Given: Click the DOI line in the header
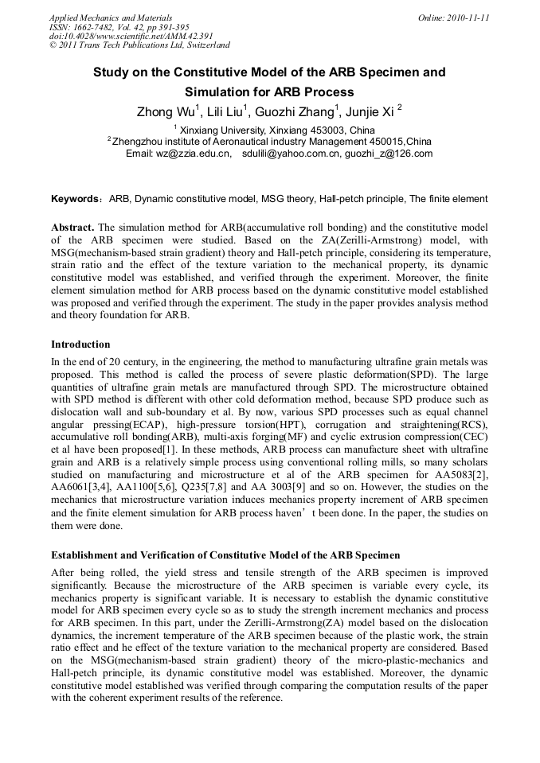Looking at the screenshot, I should point(119,36).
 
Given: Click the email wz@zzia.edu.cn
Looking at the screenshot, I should point(192,154).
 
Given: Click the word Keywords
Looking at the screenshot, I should point(75,199).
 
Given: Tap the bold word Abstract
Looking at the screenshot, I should point(72,227).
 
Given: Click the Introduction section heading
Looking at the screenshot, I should point(80,345).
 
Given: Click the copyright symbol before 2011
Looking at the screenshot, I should point(53,45).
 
